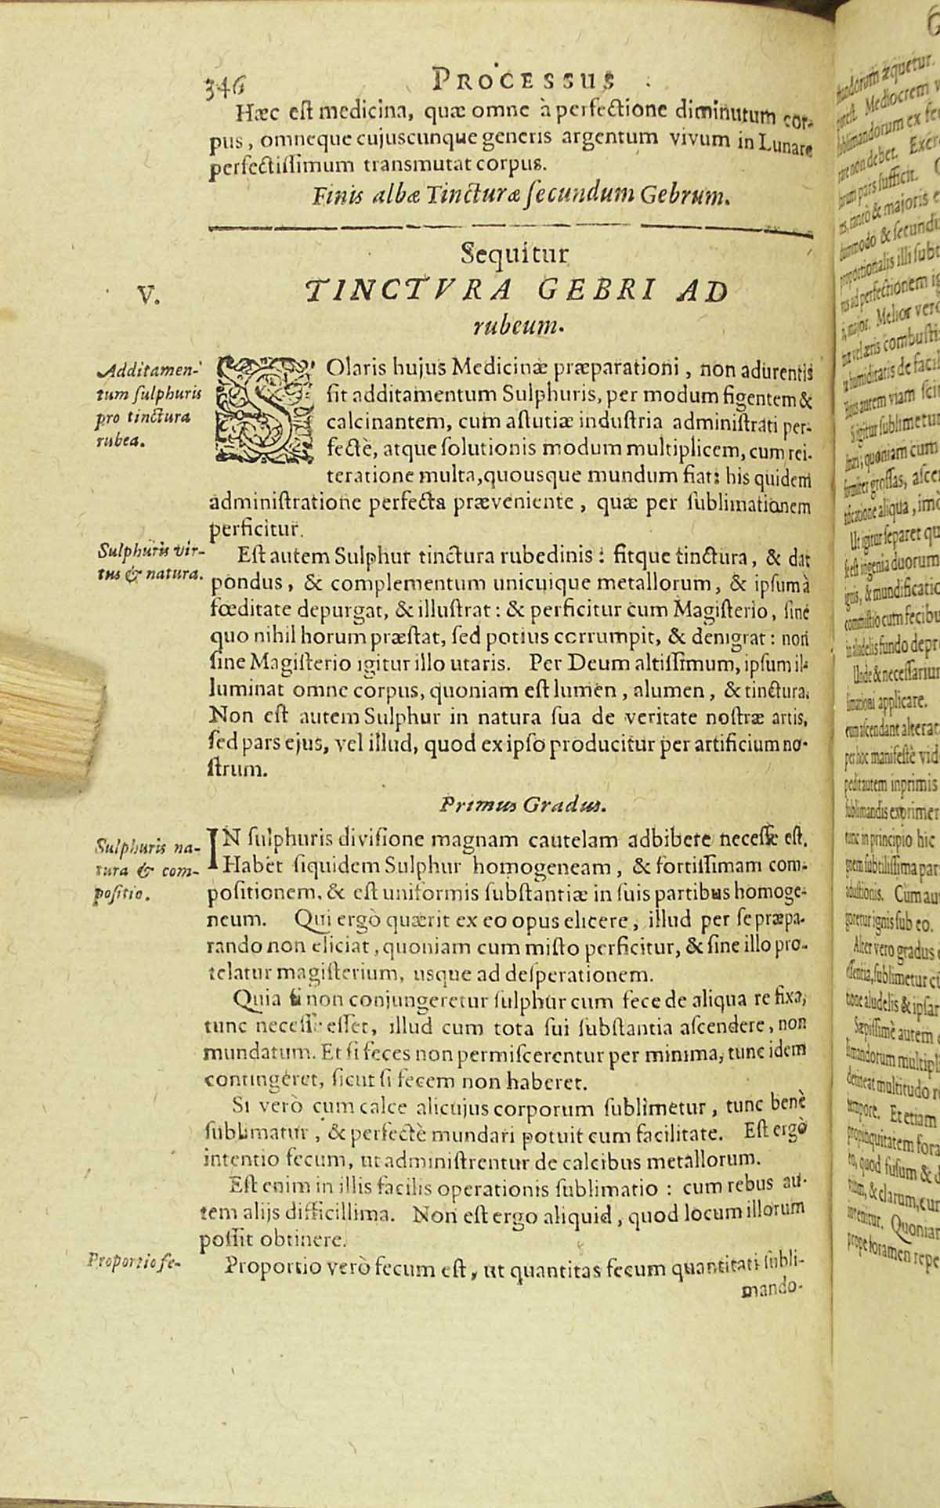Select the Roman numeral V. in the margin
(147, 295)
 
